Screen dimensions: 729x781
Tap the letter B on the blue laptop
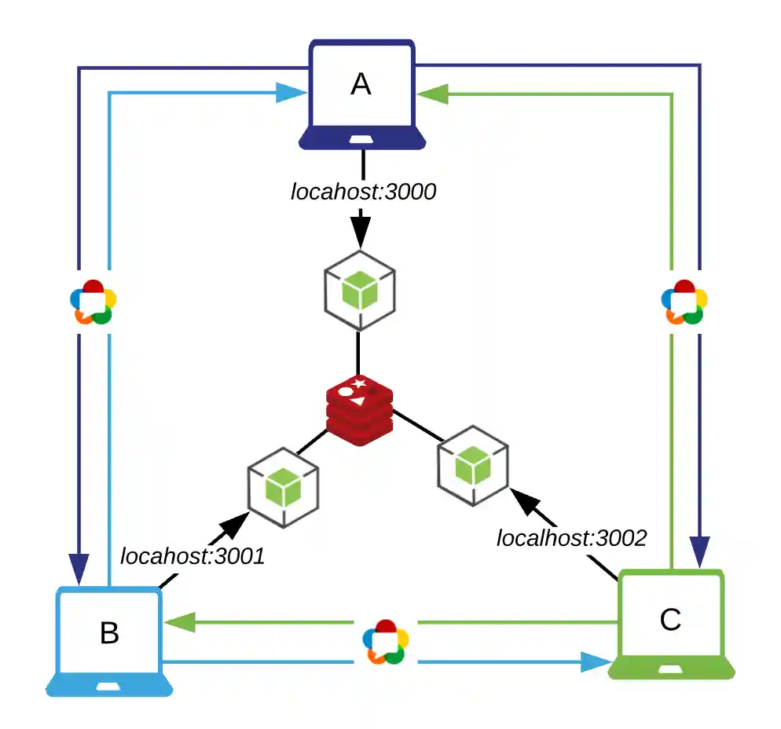109,632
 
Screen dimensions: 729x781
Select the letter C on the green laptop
670,620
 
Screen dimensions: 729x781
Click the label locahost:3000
363,192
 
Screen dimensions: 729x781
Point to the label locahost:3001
192,556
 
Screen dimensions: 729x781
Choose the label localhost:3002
571,538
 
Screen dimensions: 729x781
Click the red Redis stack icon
361,410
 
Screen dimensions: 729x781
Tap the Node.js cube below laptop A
360,290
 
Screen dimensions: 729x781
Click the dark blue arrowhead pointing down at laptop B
79,563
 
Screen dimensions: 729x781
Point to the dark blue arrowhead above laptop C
699,548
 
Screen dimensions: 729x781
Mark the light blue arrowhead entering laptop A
292,93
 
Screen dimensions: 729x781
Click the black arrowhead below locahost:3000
360,229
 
